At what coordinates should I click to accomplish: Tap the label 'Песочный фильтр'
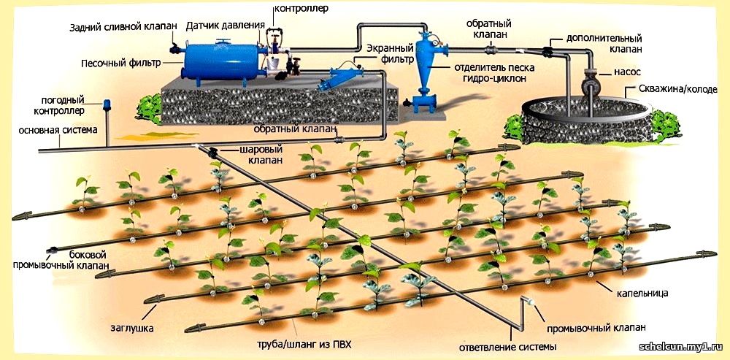(x=120, y=62)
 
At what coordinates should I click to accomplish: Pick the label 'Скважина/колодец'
(x=678, y=89)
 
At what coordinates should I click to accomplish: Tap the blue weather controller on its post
(x=107, y=106)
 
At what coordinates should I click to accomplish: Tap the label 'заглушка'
(x=132, y=329)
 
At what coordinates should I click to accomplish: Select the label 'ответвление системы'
(x=507, y=347)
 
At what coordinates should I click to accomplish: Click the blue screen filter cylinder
(x=341, y=77)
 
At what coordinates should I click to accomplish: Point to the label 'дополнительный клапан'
(x=604, y=43)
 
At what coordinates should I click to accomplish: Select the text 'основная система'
(x=58, y=130)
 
